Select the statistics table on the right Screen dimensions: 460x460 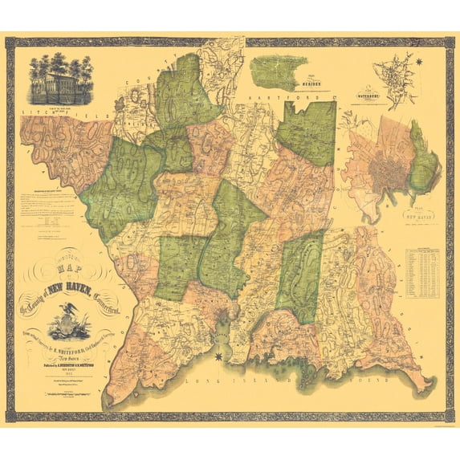click(x=422, y=277)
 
